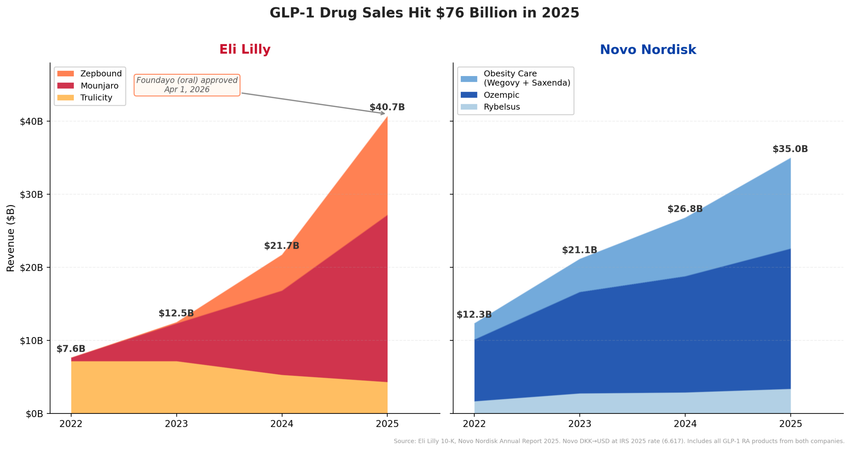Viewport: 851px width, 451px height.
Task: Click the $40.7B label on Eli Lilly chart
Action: pyautogui.click(x=387, y=107)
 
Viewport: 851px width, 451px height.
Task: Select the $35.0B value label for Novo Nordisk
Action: pyautogui.click(x=790, y=149)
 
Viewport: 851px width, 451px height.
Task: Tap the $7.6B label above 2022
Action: pyautogui.click(x=71, y=349)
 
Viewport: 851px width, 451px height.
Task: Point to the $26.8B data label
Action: pyautogui.click(x=685, y=209)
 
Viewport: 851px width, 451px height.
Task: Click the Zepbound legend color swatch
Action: pyautogui.click(x=65, y=73)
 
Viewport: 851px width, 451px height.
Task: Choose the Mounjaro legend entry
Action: pyautogui.click(x=99, y=86)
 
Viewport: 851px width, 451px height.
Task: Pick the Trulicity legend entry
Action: pyautogui.click(x=96, y=98)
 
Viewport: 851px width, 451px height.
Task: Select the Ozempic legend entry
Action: pyautogui.click(x=501, y=95)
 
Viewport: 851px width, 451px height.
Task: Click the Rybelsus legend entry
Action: pyautogui.click(x=501, y=107)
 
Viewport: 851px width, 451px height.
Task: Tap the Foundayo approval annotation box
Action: pyautogui.click(x=187, y=85)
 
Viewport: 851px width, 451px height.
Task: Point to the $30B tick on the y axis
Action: pyautogui.click(x=32, y=195)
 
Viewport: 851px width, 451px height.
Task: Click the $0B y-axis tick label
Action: pyautogui.click(x=35, y=414)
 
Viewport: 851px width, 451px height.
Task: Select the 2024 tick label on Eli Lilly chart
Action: pyautogui.click(x=282, y=424)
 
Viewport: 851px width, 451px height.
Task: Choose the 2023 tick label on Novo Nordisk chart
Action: pyautogui.click(x=579, y=424)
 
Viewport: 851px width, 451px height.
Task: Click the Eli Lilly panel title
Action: pyautogui.click(x=245, y=49)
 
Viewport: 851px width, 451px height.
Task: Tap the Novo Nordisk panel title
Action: pyautogui.click(x=648, y=49)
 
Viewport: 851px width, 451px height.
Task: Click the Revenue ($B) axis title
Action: pyautogui.click(x=11, y=238)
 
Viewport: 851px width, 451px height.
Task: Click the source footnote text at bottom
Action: pyautogui.click(x=619, y=441)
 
